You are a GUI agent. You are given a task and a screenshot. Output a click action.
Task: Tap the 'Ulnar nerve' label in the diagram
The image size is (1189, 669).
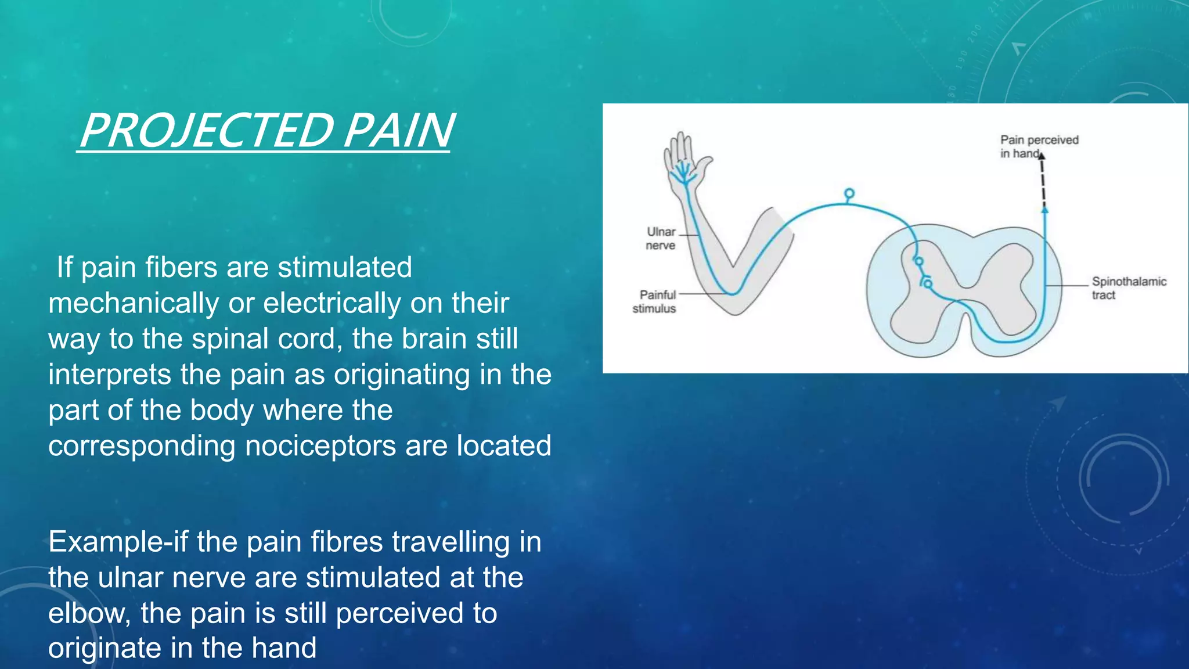pos(661,239)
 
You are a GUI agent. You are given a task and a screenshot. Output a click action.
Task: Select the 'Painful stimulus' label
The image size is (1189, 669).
pos(655,301)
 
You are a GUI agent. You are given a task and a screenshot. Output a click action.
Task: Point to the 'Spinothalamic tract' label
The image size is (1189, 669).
pos(1128,288)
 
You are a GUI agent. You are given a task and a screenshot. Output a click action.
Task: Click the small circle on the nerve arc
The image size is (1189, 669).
pos(849,193)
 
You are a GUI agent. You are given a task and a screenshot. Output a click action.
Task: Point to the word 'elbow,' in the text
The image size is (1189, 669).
pos(89,614)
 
